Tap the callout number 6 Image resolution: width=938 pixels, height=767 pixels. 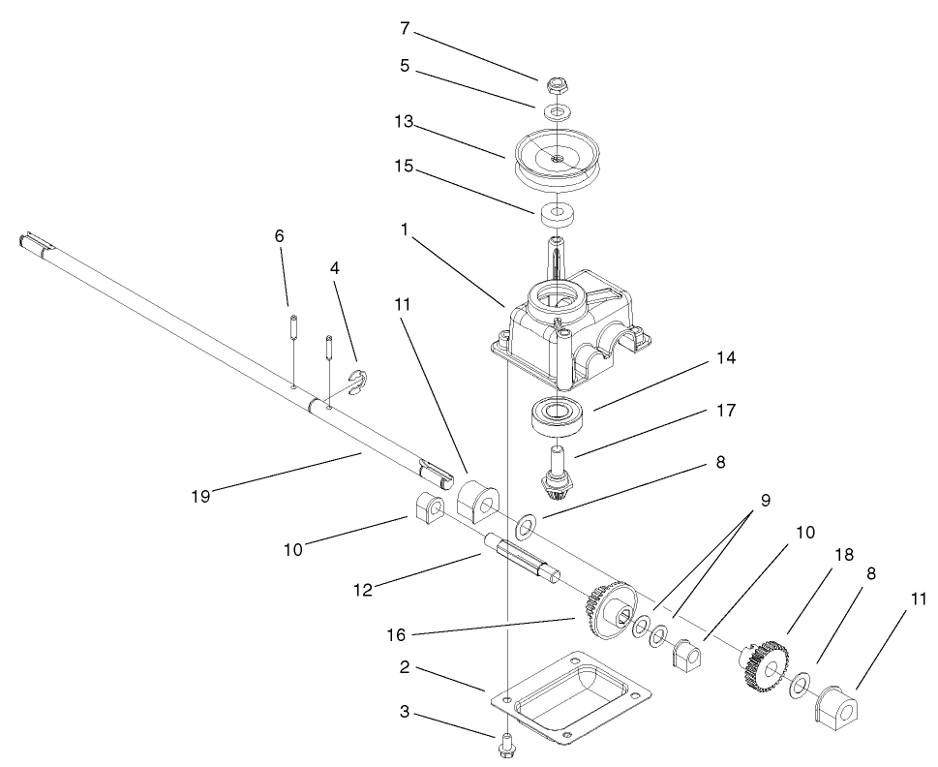pos(280,236)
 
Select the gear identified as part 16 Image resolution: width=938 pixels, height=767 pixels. pos(608,610)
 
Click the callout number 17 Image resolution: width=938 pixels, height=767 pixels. pos(725,411)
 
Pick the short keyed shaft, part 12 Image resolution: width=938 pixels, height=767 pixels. pos(523,559)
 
